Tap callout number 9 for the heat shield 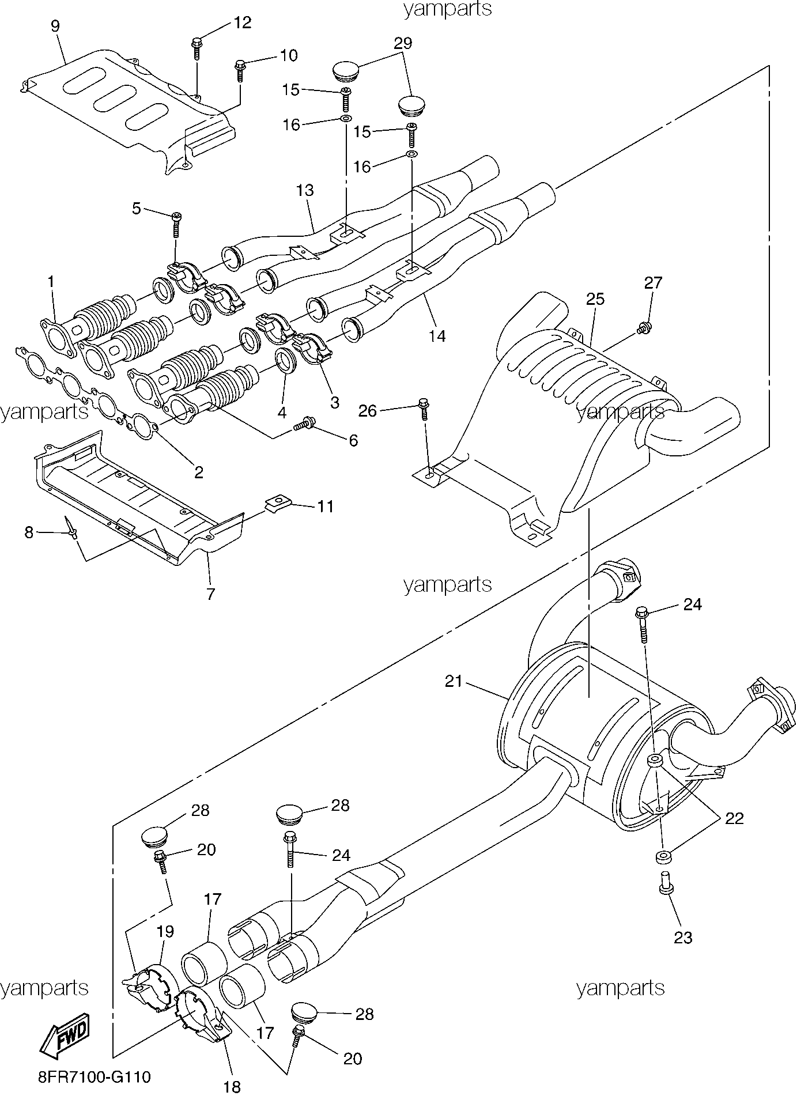(x=55, y=26)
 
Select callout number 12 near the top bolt (x=242, y=22)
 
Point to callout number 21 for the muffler (x=454, y=681)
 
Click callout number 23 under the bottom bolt (x=683, y=938)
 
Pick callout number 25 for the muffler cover (x=595, y=298)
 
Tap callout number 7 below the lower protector (x=211, y=594)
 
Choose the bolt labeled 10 (x=239, y=71)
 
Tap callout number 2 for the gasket (x=199, y=473)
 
